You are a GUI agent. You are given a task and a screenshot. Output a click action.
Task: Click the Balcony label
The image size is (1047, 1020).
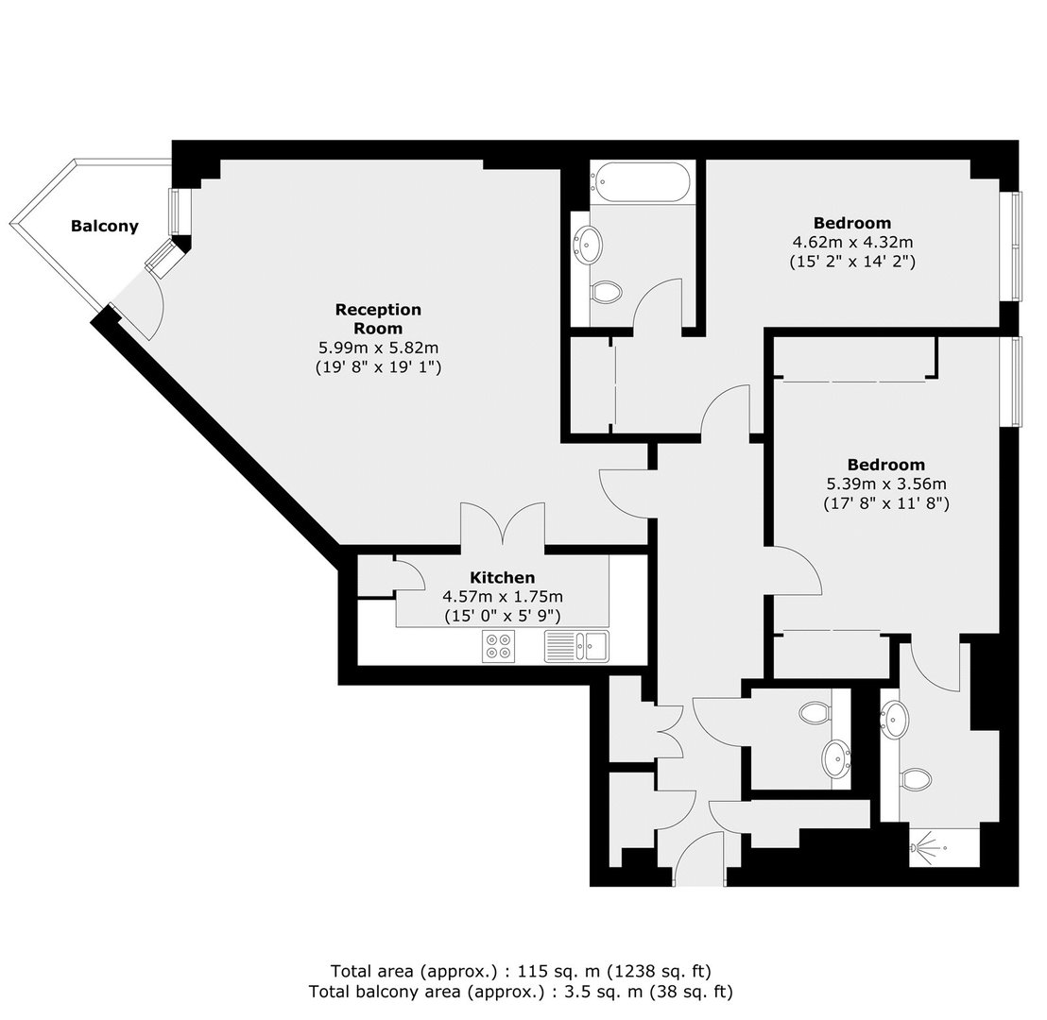[105, 227]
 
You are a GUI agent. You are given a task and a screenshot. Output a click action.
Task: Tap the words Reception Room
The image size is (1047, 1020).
[378, 319]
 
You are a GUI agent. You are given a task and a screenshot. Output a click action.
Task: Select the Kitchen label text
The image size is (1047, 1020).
[502, 577]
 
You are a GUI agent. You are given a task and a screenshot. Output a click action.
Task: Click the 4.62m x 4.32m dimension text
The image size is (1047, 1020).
[852, 242]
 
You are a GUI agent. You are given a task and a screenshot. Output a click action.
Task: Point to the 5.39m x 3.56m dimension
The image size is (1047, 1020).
[886, 484]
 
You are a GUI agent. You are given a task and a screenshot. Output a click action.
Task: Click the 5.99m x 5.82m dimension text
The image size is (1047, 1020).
[378, 348]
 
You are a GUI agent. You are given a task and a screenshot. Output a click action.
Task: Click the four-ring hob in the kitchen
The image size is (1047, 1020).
[499, 646]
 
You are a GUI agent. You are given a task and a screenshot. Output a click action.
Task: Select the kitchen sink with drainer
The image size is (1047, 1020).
[577, 646]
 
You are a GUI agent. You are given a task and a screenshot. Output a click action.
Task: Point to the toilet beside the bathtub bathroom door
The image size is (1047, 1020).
[607, 292]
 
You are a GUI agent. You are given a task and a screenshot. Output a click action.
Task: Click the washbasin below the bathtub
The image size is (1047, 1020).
[589, 245]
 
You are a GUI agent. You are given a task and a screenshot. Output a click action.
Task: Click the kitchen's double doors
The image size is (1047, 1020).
[502, 526]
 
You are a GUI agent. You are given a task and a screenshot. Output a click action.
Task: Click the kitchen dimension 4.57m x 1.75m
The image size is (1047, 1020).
[502, 597]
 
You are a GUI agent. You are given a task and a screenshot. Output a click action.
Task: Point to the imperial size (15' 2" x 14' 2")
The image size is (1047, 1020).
[852, 261]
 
